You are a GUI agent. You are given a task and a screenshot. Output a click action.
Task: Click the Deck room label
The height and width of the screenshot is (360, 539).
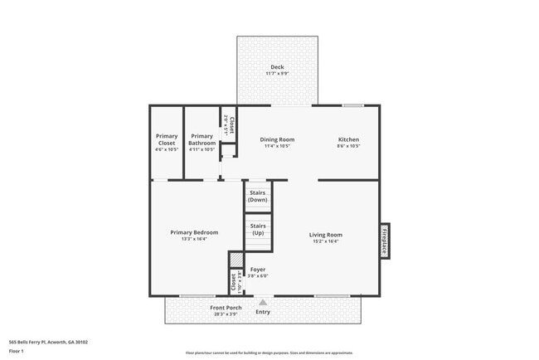click(277, 68)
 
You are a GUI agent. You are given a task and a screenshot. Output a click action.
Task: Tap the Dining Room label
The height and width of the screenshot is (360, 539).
click(277, 140)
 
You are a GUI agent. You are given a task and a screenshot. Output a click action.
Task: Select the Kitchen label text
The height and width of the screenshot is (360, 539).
click(348, 140)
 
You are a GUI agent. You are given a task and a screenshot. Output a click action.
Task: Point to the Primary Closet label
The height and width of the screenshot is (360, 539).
click(167, 139)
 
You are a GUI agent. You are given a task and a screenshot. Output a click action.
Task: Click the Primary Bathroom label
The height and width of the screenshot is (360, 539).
click(202, 139)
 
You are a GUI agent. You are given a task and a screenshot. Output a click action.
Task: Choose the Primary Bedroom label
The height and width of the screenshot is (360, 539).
click(194, 233)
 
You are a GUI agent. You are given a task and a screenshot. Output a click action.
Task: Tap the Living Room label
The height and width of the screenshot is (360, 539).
click(326, 236)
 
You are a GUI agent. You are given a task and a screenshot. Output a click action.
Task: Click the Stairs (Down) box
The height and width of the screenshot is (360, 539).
click(258, 197)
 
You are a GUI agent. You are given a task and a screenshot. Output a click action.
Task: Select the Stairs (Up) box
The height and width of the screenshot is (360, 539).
click(258, 229)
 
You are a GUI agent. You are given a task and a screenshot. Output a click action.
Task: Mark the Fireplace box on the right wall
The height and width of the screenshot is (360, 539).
click(385, 241)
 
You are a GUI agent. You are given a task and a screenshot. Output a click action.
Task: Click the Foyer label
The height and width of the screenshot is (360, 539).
click(258, 270)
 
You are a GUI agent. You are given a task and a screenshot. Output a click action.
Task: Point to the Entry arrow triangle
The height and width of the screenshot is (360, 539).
click(263, 302)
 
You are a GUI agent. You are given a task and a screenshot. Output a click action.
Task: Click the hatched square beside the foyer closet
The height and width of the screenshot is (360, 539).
click(235, 258)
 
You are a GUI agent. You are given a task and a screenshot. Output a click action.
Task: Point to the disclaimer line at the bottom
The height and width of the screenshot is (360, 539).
click(269, 352)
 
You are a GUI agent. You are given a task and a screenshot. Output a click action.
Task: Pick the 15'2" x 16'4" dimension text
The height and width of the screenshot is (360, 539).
click(326, 241)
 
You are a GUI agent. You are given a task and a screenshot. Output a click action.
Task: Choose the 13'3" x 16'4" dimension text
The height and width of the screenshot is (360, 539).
click(194, 240)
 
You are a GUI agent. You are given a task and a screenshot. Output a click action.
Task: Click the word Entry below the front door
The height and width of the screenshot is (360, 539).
click(263, 312)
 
